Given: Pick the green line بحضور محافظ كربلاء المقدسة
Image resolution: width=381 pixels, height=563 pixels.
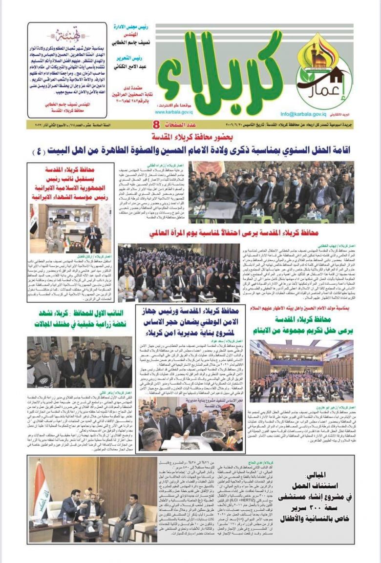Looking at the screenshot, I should [x=191, y=137].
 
